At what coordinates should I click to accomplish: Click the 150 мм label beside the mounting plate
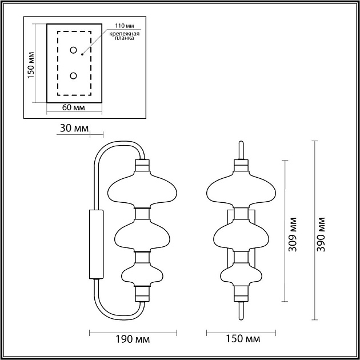pyautogui.click(x=31, y=63)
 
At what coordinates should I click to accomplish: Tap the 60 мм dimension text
pyautogui.click(x=74, y=108)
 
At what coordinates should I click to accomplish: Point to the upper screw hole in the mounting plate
pyautogui.click(x=74, y=50)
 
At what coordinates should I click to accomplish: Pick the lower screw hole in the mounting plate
pyautogui.click(x=74, y=75)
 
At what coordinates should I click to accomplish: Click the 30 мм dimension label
pyautogui.click(x=74, y=129)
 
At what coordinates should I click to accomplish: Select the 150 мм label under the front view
pyautogui.click(x=238, y=339)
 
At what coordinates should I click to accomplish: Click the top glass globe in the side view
pyautogui.click(x=141, y=190)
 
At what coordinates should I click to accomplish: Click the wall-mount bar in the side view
pyautogui.click(x=95, y=245)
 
